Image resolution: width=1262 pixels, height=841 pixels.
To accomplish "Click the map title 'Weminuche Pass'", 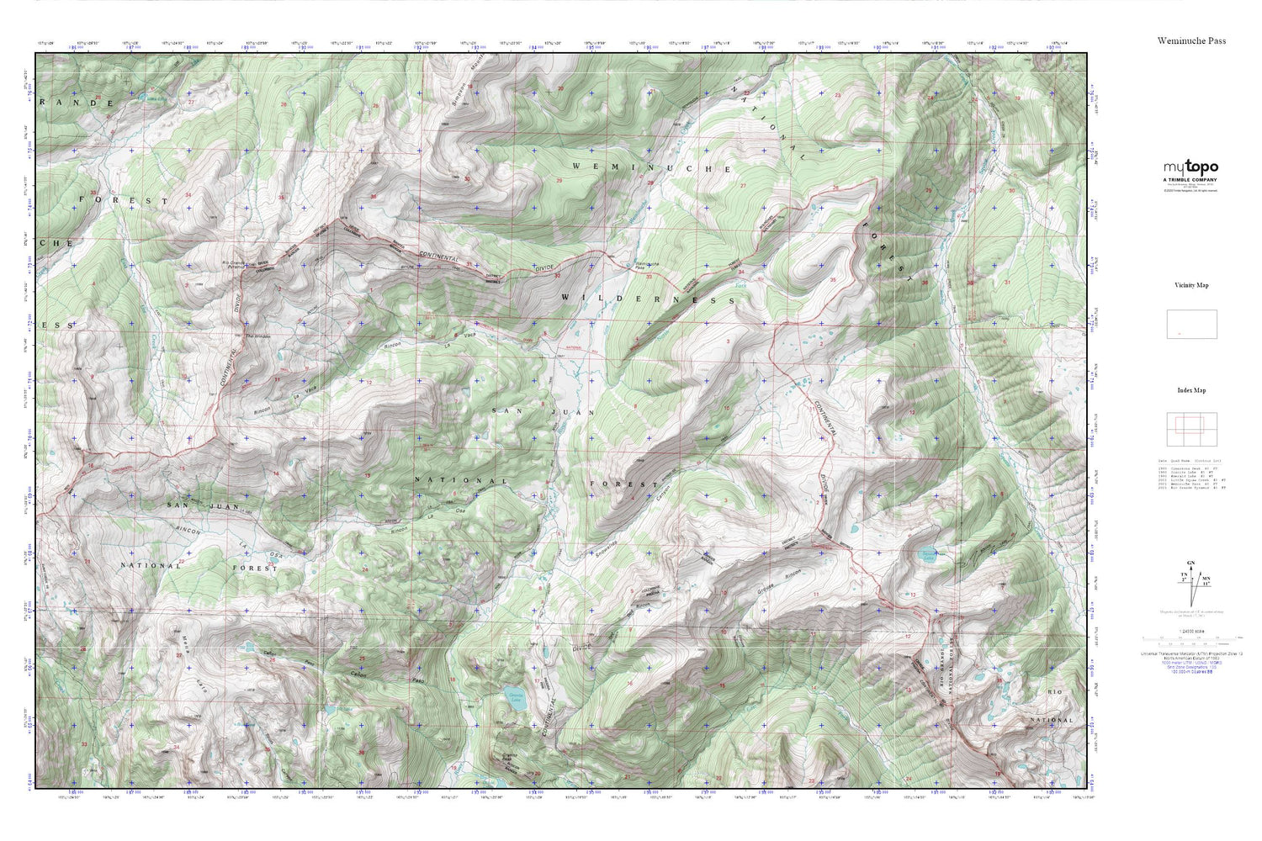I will pos(1191,40).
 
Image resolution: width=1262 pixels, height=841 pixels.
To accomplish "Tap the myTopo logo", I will pos(1190,167).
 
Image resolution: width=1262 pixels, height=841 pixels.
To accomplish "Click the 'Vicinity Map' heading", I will pos(1191,286).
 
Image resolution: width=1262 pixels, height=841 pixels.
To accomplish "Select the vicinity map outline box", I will pos(1191,324).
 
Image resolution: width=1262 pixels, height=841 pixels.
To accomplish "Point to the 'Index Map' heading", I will pos(1191,390).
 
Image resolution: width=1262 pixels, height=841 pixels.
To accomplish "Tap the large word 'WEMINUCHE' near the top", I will pos(652,168).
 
